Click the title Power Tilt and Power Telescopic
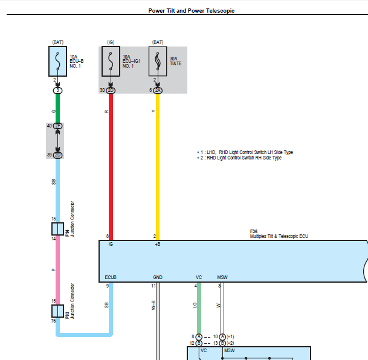[x=192, y=10]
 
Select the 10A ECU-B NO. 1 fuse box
[x=58, y=61]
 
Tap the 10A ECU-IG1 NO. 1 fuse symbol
[x=111, y=61]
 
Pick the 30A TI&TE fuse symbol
[x=158, y=61]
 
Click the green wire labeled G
[x=58, y=108]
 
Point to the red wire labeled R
[x=111, y=167]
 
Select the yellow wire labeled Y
[x=158, y=167]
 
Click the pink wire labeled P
[x=58, y=270]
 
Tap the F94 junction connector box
[x=58, y=229]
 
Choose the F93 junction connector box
[x=58, y=311]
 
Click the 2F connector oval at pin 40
[x=58, y=126]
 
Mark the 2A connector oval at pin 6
[x=158, y=90]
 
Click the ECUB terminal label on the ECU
[x=111, y=277]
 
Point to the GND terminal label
[x=158, y=277]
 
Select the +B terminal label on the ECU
[x=158, y=244]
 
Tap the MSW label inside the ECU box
[x=222, y=277]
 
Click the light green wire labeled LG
[x=199, y=308]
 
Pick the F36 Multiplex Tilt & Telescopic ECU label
[x=279, y=234]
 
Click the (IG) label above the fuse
[x=111, y=42]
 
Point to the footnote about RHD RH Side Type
[x=239, y=158]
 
